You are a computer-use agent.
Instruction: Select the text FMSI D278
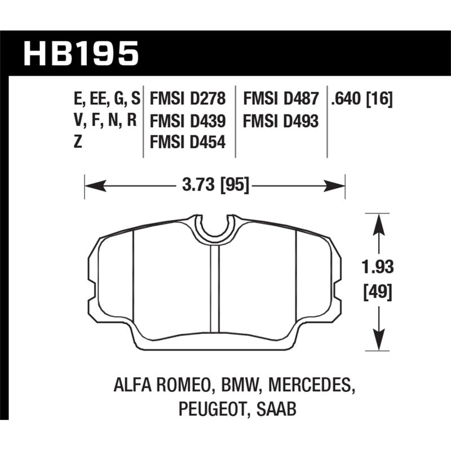[188, 100]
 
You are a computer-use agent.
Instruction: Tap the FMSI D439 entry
[188, 121]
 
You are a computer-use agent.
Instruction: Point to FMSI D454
[188, 143]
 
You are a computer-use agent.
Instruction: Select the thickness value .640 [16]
[362, 100]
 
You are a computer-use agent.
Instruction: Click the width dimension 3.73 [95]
[215, 184]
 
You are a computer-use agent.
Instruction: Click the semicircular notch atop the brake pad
[215, 227]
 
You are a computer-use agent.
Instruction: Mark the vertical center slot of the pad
[214, 288]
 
